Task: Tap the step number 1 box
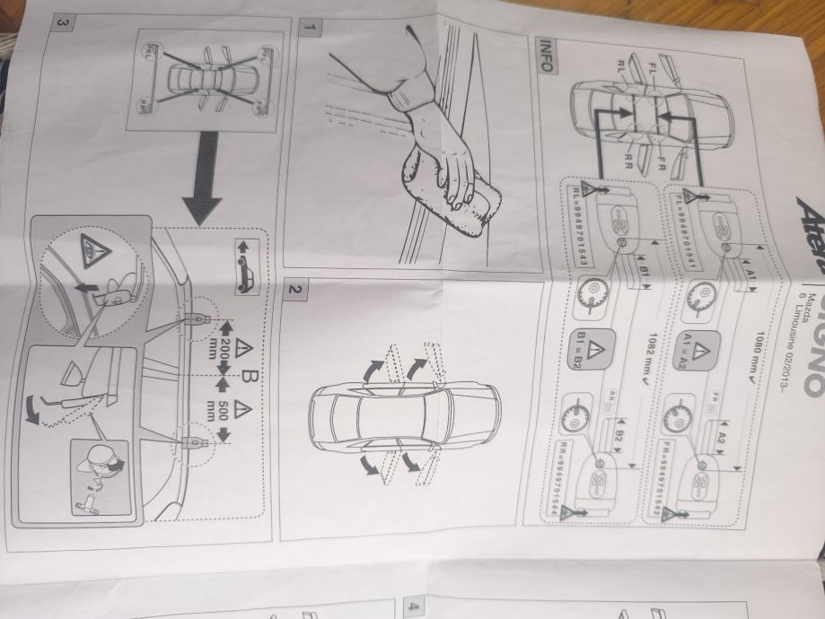click(310, 28)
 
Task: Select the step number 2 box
click(294, 289)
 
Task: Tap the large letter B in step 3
click(240, 391)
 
